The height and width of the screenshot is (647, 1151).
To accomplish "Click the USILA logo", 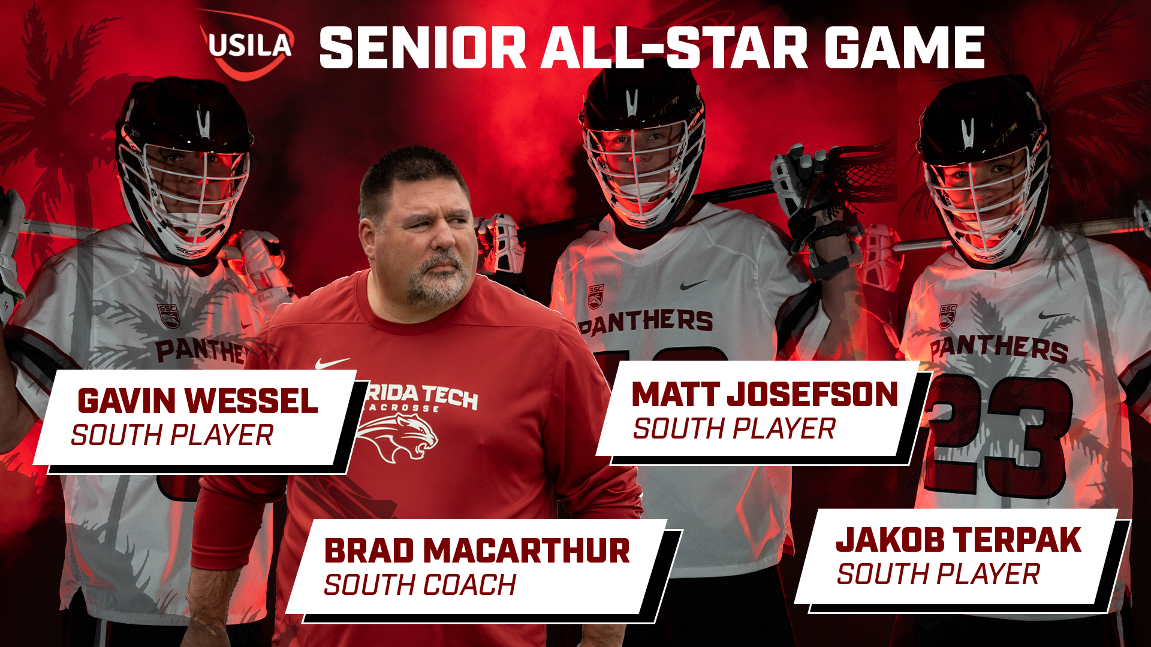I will (248, 46).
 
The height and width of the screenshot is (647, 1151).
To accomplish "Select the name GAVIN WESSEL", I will (197, 401).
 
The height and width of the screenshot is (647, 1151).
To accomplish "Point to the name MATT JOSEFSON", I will (764, 395).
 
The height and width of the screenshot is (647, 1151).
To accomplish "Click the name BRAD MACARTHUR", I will (477, 551).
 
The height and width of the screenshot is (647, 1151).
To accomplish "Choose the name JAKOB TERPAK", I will (958, 540).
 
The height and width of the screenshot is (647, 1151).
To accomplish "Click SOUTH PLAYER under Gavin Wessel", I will (172, 436).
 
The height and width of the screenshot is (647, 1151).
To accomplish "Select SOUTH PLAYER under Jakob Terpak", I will (938, 575).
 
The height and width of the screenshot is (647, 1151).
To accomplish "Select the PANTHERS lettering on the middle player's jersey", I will (646, 322).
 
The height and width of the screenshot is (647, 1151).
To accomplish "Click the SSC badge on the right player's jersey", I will (948, 316).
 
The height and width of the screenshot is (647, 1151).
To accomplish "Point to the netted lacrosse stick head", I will (863, 174).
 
